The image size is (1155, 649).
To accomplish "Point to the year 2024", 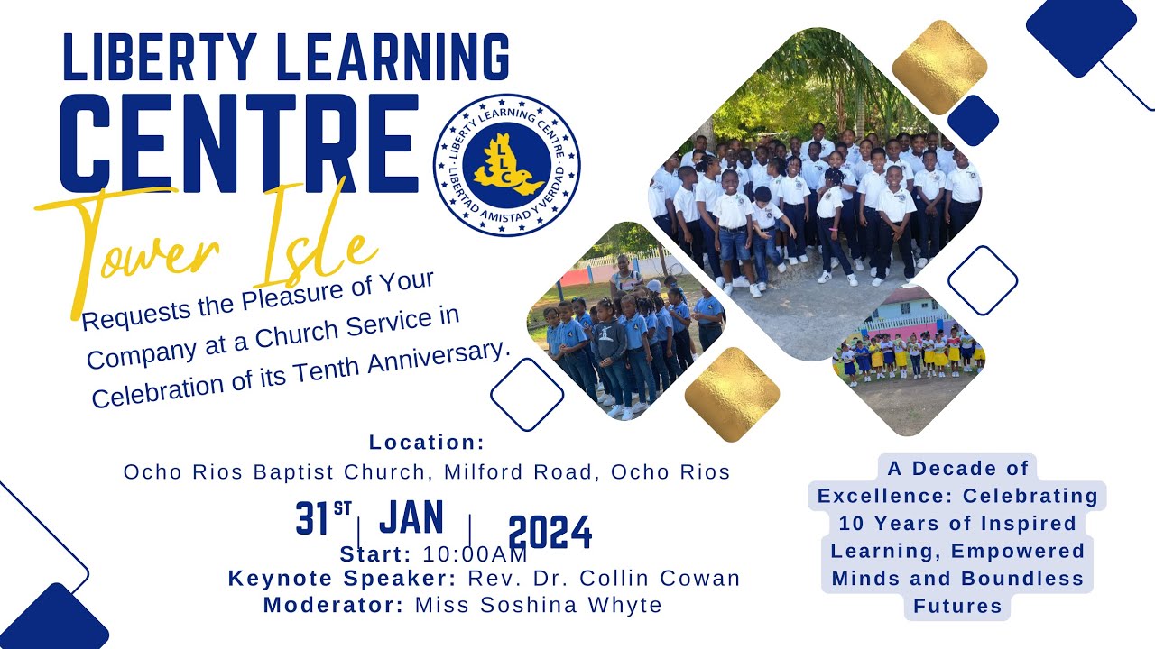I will (550, 533).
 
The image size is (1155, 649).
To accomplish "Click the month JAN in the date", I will (411, 518).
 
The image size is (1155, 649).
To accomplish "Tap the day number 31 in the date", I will (312, 519).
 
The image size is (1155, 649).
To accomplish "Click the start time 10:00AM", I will (475, 554).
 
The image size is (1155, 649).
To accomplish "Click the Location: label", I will (427, 443).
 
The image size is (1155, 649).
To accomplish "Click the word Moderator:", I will (333, 605).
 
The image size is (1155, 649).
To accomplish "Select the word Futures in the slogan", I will (957, 607).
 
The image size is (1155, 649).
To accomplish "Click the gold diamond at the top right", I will (939, 67).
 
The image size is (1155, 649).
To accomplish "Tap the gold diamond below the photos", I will (732, 394).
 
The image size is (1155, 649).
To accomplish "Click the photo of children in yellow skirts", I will (907, 356).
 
